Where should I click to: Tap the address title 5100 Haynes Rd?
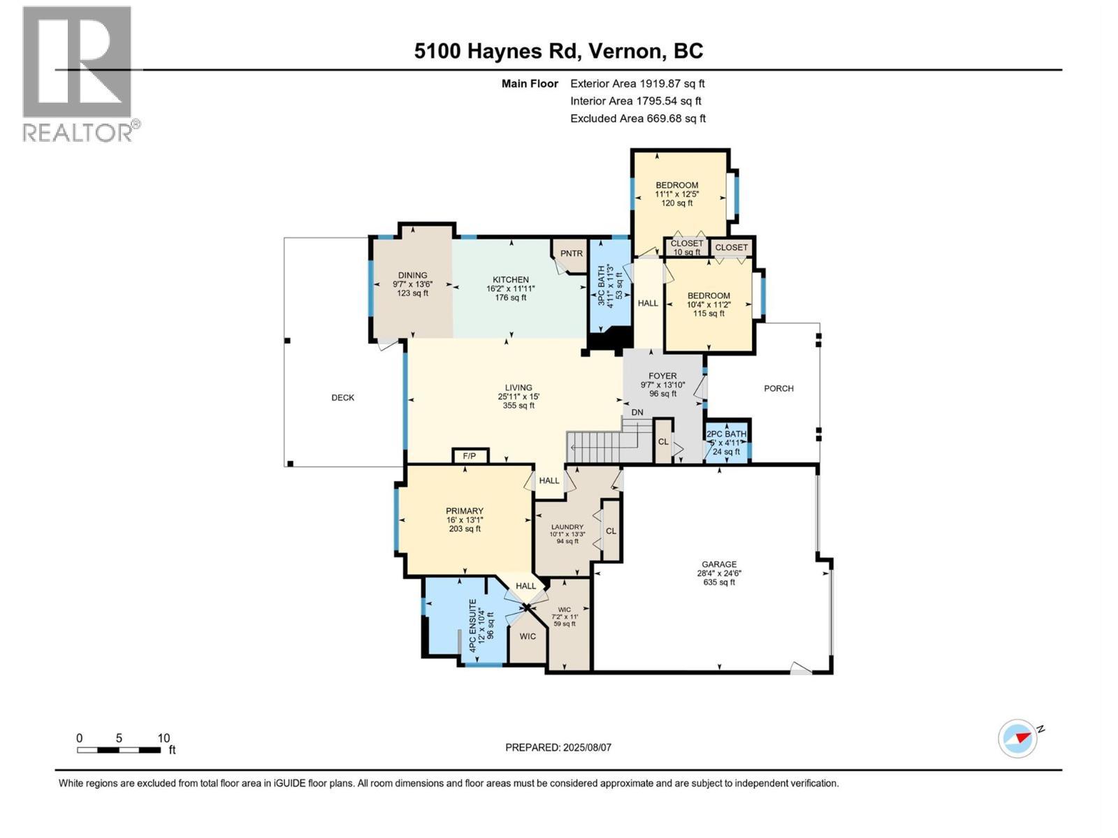tap(558, 51)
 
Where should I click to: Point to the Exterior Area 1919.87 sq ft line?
tap(637, 83)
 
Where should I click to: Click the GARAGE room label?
tap(719, 564)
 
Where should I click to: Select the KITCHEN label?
tap(511, 279)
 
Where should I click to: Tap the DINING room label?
tap(412, 275)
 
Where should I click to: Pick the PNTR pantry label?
tap(571, 253)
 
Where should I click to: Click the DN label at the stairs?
tap(637, 412)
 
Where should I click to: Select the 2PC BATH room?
tap(727, 442)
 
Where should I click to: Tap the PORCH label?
tap(778, 388)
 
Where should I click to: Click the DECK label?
tap(342, 397)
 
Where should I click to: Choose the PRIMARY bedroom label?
tap(465, 511)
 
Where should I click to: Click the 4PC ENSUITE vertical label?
tap(473, 625)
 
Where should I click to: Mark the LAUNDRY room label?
tap(567, 527)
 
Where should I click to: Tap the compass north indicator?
tap(1019, 737)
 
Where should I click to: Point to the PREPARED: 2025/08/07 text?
tap(558, 747)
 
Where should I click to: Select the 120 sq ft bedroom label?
tap(676, 194)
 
